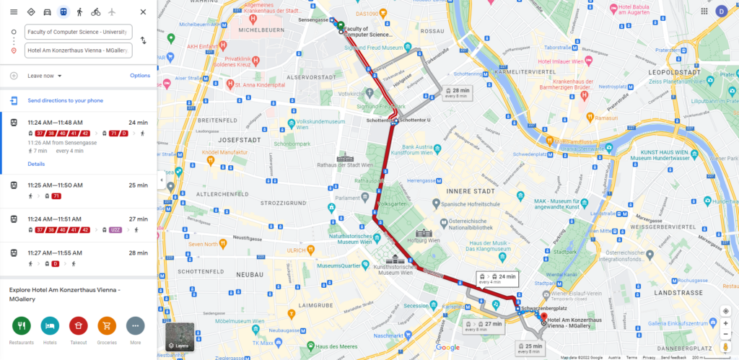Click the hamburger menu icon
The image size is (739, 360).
click(13, 12)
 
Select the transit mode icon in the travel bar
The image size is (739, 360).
click(64, 12)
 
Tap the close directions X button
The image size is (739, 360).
click(143, 12)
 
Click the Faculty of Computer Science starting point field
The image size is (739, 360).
click(78, 32)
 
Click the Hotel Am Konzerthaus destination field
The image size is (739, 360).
click(78, 50)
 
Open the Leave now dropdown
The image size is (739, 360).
click(45, 76)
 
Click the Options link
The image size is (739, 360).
click(140, 76)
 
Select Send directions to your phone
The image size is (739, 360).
click(65, 101)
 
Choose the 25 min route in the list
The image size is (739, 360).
click(79, 190)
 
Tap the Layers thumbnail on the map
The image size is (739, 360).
click(179, 337)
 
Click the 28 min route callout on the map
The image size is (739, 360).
click(457, 93)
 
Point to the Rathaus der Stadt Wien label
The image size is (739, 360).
click(363, 164)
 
